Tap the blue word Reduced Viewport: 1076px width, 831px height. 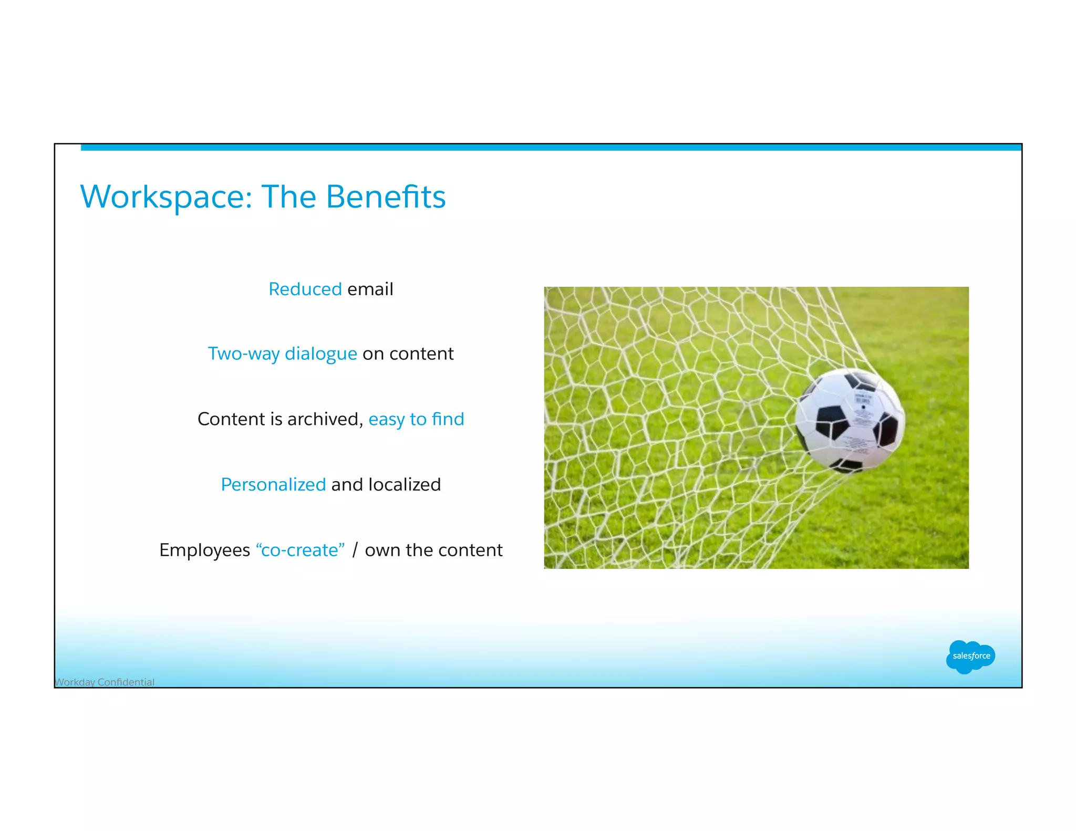(x=305, y=289)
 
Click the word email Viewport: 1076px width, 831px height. (x=370, y=289)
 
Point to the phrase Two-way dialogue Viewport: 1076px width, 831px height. (x=282, y=354)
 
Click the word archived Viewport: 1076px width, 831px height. (x=325, y=419)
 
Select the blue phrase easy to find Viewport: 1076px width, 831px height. (x=416, y=419)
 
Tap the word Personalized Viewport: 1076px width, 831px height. (x=273, y=485)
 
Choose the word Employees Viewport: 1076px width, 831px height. (x=204, y=550)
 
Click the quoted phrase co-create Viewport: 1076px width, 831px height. (x=300, y=550)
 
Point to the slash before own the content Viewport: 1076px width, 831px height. (x=355, y=550)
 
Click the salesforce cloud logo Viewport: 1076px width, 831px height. (x=970, y=657)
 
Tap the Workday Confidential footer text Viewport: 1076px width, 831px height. (x=105, y=682)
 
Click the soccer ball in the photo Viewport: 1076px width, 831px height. (x=850, y=420)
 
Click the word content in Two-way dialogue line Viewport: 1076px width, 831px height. (x=421, y=354)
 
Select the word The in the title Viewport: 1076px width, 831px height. (x=288, y=198)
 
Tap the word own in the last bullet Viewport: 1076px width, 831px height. (x=382, y=550)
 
